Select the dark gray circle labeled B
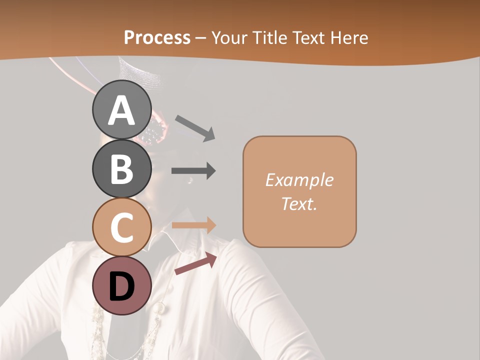coord(122,168)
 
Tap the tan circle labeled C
coord(122,227)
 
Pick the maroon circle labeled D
coord(122,285)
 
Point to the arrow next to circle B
coord(193,171)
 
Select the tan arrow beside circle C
coord(193,225)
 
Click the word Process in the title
coord(157,38)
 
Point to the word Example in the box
coord(299,180)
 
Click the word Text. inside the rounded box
coord(299,203)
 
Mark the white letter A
coord(122,110)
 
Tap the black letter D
coord(122,286)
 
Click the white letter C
coord(122,228)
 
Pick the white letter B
coord(122,169)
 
